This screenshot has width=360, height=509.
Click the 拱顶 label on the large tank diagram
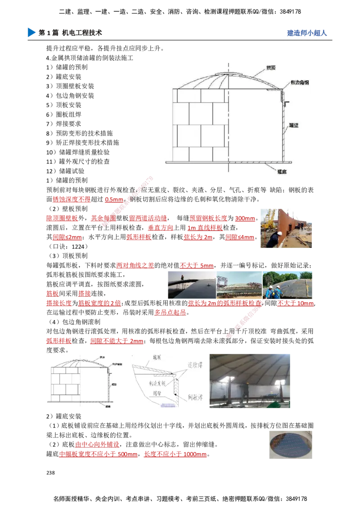pyautogui.click(x=271, y=68)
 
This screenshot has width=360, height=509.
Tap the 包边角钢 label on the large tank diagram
pyautogui.click(x=299, y=83)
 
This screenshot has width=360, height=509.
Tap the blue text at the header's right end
pyautogui.click(x=306, y=33)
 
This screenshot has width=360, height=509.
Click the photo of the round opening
pyautogui.click(x=289, y=444)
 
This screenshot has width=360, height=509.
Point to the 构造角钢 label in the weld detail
pyautogui.click(x=158, y=383)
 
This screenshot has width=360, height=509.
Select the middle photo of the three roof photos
pyautogui.click(x=239, y=285)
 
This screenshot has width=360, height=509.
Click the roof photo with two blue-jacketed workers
pyautogui.click(x=288, y=285)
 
